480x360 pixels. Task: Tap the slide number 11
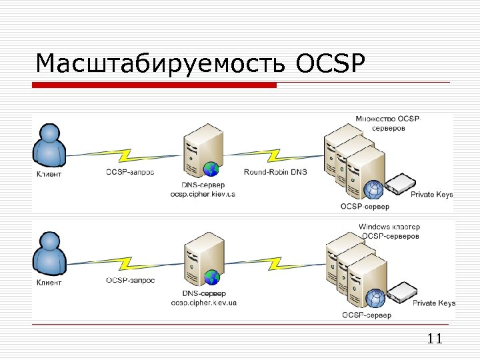click(434, 339)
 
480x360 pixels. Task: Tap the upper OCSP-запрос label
click(130, 172)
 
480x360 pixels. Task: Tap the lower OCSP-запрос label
click(130, 280)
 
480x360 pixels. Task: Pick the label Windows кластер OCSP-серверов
click(389, 231)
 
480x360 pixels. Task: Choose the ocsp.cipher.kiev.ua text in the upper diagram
click(203, 195)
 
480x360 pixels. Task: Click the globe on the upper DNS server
click(211, 168)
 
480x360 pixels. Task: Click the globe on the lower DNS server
click(212, 277)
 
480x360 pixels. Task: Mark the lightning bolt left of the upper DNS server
click(127, 155)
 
